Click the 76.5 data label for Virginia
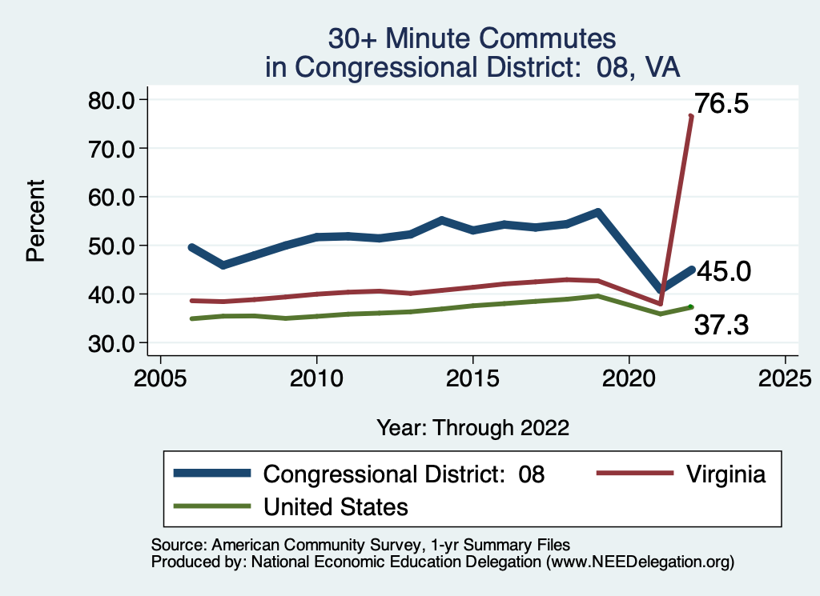point(722,103)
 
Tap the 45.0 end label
point(723,272)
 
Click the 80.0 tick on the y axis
point(111,100)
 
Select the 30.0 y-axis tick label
point(111,343)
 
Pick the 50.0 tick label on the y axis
point(111,246)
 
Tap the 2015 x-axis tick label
point(472,377)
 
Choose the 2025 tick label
point(785,377)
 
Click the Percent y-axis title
point(35,221)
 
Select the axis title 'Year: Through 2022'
point(472,428)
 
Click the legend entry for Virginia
point(726,474)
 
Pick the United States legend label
point(336,507)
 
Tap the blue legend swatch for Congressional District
point(212,474)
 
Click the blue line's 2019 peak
point(597,212)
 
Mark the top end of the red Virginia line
point(690,117)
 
